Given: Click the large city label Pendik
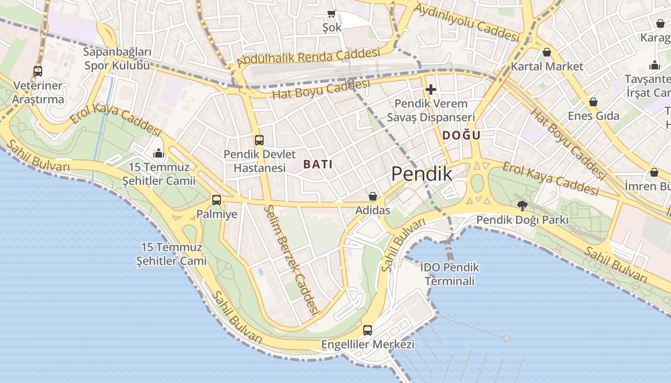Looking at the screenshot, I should click(x=422, y=174).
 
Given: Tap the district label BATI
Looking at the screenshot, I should click(x=318, y=164).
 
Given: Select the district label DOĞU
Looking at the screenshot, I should click(x=461, y=135).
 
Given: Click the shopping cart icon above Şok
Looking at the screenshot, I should click(x=331, y=13).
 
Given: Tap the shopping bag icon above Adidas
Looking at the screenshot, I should click(x=372, y=196).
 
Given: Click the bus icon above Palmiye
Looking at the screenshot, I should click(x=217, y=200).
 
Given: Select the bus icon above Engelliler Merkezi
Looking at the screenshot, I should click(x=368, y=330).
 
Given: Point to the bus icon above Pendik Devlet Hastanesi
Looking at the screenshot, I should click(x=259, y=140).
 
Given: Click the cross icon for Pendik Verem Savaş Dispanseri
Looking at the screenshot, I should click(x=430, y=89).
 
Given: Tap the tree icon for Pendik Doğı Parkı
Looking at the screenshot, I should click(x=522, y=206).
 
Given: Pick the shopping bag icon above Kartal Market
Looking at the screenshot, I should click(x=547, y=52).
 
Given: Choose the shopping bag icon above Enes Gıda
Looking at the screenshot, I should click(x=593, y=102).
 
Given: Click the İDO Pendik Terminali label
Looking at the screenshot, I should click(x=450, y=274).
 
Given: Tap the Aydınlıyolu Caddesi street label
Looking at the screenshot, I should click(x=467, y=22).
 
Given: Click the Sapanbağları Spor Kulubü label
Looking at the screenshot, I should click(x=117, y=59).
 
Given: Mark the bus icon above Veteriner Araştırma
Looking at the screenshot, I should click(x=38, y=71).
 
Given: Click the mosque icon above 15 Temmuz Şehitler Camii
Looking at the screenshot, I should click(x=159, y=153).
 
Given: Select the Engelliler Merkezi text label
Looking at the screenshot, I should click(x=368, y=345).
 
